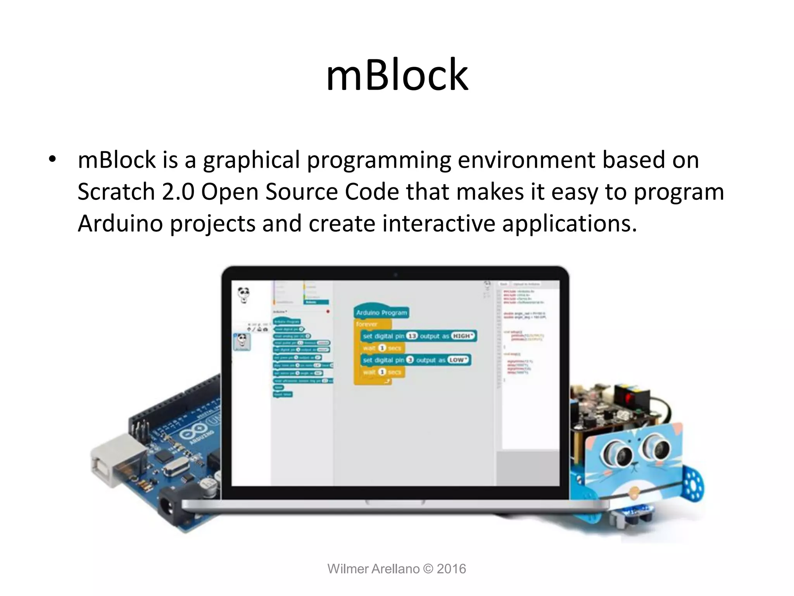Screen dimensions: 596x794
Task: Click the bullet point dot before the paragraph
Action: pyautogui.click(x=53, y=159)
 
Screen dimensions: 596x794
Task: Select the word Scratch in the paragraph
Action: pyautogui.click(x=116, y=192)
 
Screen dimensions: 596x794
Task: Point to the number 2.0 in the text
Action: pyautogui.click(x=178, y=192)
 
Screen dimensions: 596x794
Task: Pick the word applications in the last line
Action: pyautogui.click(x=569, y=223)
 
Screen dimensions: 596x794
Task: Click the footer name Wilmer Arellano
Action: pyautogui.click(x=373, y=569)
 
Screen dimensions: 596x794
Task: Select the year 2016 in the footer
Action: pyautogui.click(x=451, y=569)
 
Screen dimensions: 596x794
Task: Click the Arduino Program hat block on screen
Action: pyautogui.click(x=381, y=312)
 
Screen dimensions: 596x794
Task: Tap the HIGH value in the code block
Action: pyautogui.click(x=463, y=336)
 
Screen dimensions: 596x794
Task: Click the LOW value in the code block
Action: pyautogui.click(x=457, y=360)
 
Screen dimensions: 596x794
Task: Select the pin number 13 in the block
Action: pyautogui.click(x=411, y=336)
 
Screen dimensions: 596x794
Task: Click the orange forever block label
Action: pyautogui.click(x=367, y=324)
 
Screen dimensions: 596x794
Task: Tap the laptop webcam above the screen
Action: pyautogui.click(x=395, y=275)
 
